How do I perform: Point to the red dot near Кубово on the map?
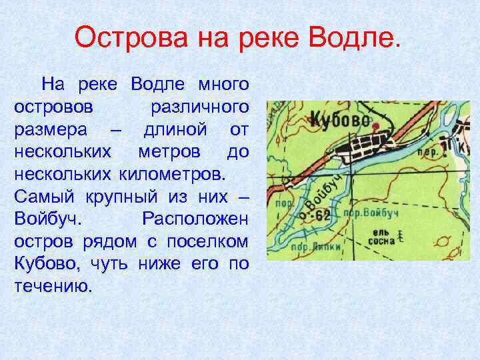tap(375, 126)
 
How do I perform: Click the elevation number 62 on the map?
tap(323, 215)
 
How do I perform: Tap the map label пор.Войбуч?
tap(376, 213)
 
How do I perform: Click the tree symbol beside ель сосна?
tap(401, 235)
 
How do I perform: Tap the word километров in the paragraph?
tap(173, 176)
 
